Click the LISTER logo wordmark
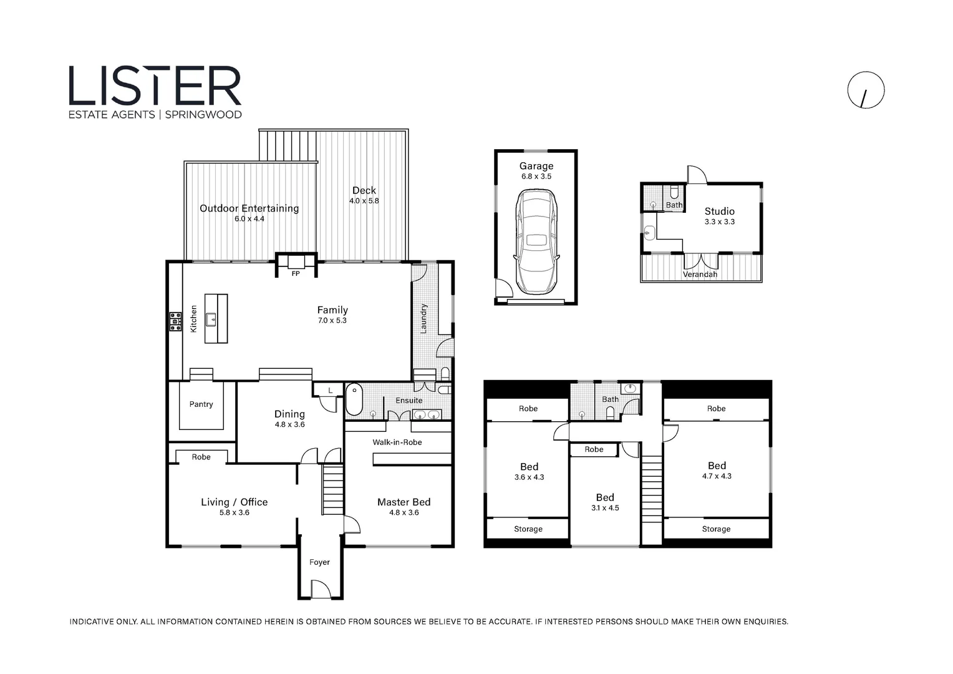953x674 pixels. pyautogui.click(x=155, y=85)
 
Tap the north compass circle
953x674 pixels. pyautogui.click(x=866, y=90)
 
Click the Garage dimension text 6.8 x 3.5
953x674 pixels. pyautogui.click(x=536, y=177)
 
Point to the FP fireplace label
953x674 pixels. pyautogui.click(x=296, y=274)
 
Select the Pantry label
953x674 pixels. pyautogui.click(x=201, y=404)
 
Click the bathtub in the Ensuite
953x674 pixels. pyautogui.click(x=354, y=399)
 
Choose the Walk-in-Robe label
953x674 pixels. pyautogui.click(x=397, y=442)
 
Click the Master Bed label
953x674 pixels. pyautogui.click(x=404, y=502)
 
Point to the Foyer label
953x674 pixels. pyautogui.click(x=319, y=562)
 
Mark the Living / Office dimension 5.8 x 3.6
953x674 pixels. pyautogui.click(x=235, y=513)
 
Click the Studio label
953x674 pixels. pyautogui.click(x=719, y=212)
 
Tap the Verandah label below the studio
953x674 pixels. pyautogui.click(x=700, y=275)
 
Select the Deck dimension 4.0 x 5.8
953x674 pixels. pyautogui.click(x=364, y=201)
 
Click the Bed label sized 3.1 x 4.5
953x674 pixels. pyautogui.click(x=605, y=497)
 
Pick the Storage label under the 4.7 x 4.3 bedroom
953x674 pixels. pyautogui.click(x=716, y=529)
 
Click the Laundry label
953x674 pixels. pyautogui.click(x=423, y=318)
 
